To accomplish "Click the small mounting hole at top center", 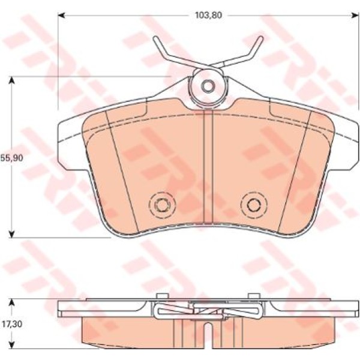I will click(208, 86).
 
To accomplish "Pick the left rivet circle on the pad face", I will click(161, 205).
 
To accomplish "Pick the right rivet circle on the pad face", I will click(253, 205).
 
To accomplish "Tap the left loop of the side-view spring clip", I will click(158, 310).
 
